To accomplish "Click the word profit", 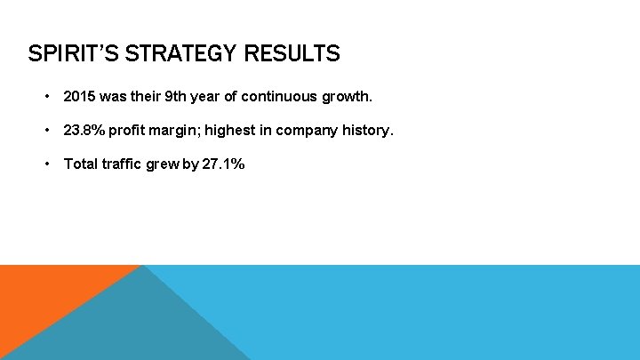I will [132, 130].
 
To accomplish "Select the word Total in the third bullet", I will [80, 164].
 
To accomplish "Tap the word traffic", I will [124, 164].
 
